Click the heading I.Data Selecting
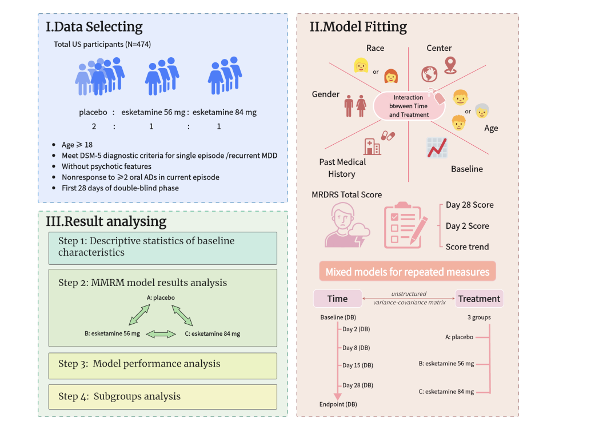coord(94,27)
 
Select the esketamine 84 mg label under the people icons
coord(225,112)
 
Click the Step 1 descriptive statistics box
coord(162,247)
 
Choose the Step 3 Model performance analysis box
coord(162,364)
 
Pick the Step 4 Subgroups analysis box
coord(162,396)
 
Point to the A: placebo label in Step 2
coord(161,297)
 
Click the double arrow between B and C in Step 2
coord(161,334)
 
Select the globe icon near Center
coord(429,74)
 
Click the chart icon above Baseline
coord(437,148)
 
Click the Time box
coord(337,299)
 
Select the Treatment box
coord(479,299)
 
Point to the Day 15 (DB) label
coord(357,366)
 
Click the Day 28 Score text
coord(469,205)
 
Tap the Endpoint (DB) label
coord(338,404)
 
